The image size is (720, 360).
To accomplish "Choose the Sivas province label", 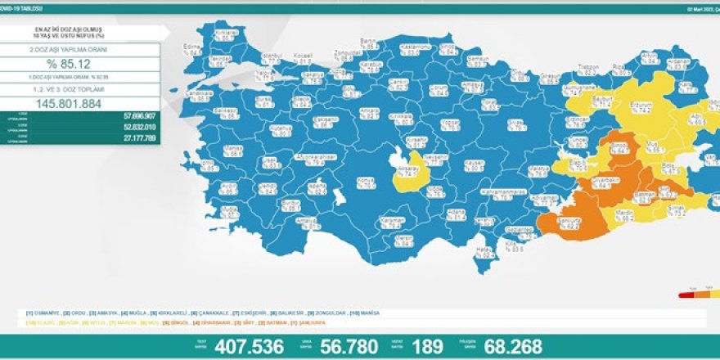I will (515, 123).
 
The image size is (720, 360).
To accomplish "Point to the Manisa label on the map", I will (233, 151).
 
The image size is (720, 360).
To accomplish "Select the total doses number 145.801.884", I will (79, 104).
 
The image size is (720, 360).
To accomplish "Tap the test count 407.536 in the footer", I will (250, 347).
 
